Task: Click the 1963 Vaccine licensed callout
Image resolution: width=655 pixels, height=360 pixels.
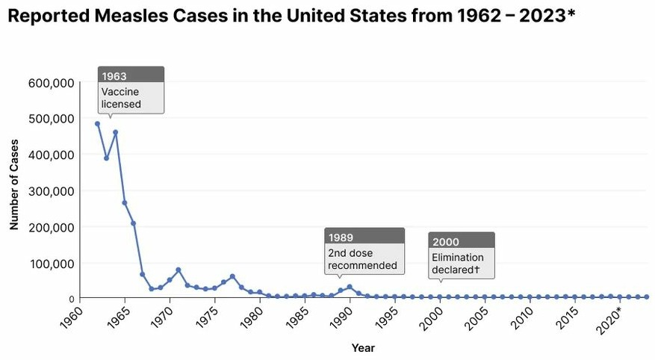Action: pos(131,90)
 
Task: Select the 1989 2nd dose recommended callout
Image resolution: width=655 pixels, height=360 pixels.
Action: pos(364,251)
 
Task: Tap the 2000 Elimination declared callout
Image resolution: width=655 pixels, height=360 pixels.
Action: pos(462,255)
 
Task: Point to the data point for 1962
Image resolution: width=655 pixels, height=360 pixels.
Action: pos(97,124)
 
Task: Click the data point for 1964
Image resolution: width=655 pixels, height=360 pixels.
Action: pos(116,132)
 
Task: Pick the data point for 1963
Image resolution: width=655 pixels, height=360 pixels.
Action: pos(106,158)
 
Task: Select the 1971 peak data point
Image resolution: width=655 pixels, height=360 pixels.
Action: pos(179,270)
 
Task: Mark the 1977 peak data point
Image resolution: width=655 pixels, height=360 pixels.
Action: pos(232,276)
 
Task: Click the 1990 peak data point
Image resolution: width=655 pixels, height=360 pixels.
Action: pos(350,287)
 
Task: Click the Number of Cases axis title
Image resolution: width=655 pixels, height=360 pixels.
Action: pos(14,191)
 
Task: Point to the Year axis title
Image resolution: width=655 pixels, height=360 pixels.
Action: pos(363,348)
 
